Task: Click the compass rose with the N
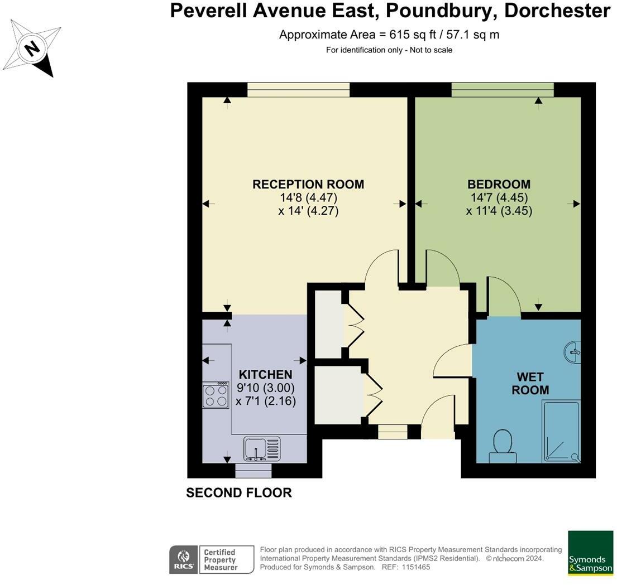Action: tap(32, 49)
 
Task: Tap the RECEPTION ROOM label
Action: tap(308, 184)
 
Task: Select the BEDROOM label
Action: tap(499, 184)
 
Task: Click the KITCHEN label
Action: tap(266, 374)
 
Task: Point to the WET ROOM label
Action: tap(530, 383)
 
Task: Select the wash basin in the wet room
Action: tap(572, 351)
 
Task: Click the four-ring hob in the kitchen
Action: tap(216, 395)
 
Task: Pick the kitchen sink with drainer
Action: tap(261, 448)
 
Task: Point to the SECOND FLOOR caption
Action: tap(238, 492)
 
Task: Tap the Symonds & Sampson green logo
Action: tap(590, 553)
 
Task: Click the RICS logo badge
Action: tap(182, 559)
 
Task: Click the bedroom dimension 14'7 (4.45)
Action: tap(499, 197)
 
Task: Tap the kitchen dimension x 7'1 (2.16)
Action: tap(266, 401)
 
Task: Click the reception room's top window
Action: tap(298, 89)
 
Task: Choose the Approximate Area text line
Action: tap(389, 35)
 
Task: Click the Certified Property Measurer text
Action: tap(220, 559)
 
